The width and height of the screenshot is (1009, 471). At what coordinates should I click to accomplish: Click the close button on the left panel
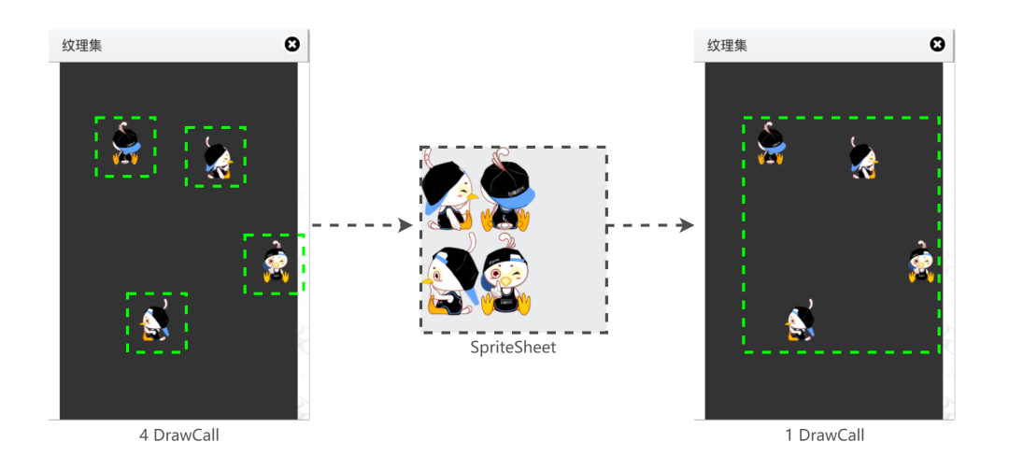[x=291, y=44]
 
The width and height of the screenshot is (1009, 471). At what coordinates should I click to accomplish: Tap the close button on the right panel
[x=937, y=44]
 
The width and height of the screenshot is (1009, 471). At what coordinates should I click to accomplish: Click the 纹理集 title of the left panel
[x=82, y=45]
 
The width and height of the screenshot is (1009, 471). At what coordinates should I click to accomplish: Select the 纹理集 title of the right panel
[x=727, y=45]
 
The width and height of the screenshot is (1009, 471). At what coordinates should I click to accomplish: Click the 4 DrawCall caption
[x=178, y=435]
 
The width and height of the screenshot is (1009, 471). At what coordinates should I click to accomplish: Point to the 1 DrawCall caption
[x=824, y=435]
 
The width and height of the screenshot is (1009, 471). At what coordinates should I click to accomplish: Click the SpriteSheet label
[x=513, y=348]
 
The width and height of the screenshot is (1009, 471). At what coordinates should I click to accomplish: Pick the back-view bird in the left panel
[x=125, y=147]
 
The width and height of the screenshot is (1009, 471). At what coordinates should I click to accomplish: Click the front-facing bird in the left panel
[x=274, y=264]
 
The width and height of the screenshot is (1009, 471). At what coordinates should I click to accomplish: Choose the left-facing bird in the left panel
[x=157, y=321]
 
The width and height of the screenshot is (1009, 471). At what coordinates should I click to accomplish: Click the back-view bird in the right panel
[x=771, y=145]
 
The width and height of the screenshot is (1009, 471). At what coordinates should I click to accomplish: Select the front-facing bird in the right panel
[x=920, y=263]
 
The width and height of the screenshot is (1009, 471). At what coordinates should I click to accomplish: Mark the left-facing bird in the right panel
[x=801, y=321]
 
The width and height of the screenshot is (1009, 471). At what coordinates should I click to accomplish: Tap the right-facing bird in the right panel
[x=862, y=158]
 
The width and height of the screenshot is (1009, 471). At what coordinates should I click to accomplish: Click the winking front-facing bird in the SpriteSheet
[x=504, y=276]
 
